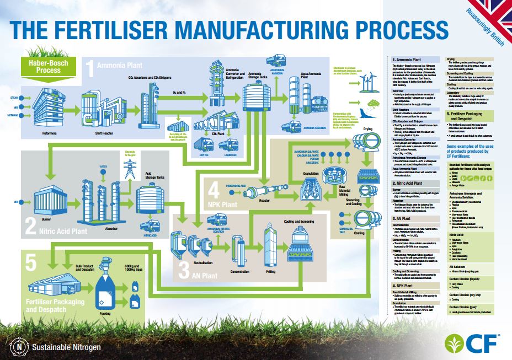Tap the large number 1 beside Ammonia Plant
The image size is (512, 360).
pyautogui.click(x=89, y=68)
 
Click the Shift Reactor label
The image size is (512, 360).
pyautogui.click(x=99, y=133)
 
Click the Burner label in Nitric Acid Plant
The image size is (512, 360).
pyautogui.click(x=46, y=218)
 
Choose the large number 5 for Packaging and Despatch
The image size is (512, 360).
pyautogui.click(x=31, y=264)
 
